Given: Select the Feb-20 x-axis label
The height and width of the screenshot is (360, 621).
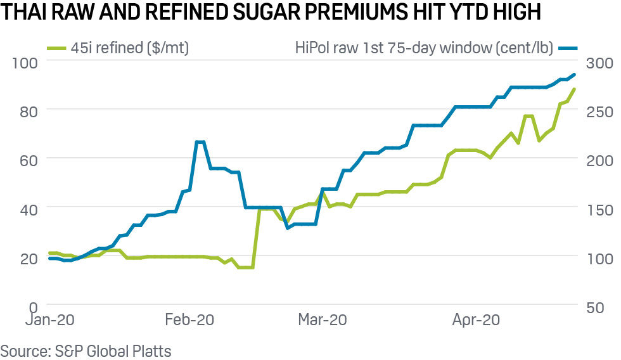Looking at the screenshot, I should coord(189,320).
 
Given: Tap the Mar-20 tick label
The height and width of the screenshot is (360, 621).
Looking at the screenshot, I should coord(323,320).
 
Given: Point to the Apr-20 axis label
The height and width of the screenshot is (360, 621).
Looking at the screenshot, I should coord(476,320).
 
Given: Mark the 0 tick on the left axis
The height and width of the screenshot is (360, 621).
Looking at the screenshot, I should coord(35,305).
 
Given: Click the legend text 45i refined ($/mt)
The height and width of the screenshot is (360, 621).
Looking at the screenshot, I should coord(134,47).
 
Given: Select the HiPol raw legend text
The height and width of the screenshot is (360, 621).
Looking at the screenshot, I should coord(424,47).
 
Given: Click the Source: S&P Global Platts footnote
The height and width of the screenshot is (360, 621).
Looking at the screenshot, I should coord(86,350).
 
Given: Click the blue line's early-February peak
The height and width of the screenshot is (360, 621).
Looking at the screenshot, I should coord(200,142).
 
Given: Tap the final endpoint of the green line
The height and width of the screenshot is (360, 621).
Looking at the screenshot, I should coord(574,89).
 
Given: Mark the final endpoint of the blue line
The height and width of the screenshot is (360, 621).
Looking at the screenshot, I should coord(574,75).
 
